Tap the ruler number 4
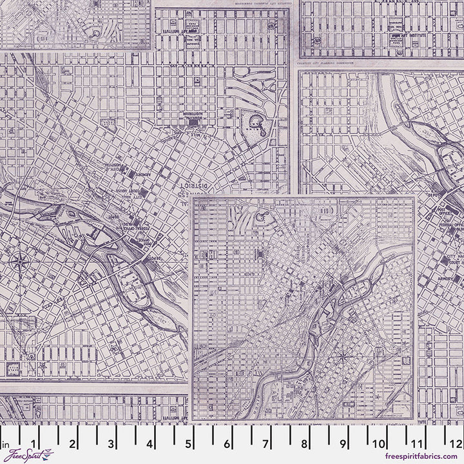(x=150, y=443)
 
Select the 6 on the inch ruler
(x=227, y=443)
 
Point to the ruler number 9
(x=343, y=443)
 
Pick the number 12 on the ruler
(x=456, y=443)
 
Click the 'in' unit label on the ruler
(x=5, y=444)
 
